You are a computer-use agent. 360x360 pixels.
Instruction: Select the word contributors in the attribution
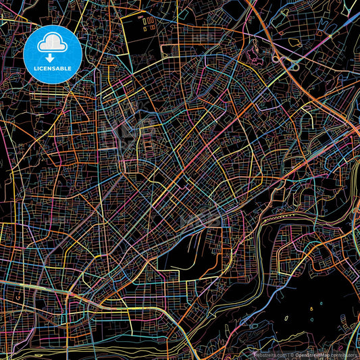click(346, 355)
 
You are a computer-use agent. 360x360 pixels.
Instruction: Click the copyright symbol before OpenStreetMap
click(292, 355)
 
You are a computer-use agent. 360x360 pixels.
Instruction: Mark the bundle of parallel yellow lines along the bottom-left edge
click(41, 334)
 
